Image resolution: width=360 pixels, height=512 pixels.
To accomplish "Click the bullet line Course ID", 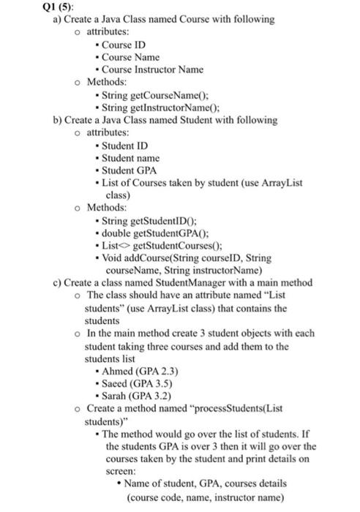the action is [124, 45].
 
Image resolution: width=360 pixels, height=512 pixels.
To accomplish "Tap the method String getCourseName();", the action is [156, 94].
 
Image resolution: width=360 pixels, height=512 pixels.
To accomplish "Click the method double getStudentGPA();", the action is [158, 233].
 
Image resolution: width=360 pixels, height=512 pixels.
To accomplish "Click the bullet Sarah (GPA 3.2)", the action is [143, 396].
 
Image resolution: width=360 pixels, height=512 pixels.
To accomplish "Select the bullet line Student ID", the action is [127, 146].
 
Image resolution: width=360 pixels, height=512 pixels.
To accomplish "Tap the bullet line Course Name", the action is [130, 56].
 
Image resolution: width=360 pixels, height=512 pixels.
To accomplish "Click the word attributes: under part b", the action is [108, 132].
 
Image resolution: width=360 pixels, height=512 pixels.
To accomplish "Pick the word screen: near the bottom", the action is [121, 471].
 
